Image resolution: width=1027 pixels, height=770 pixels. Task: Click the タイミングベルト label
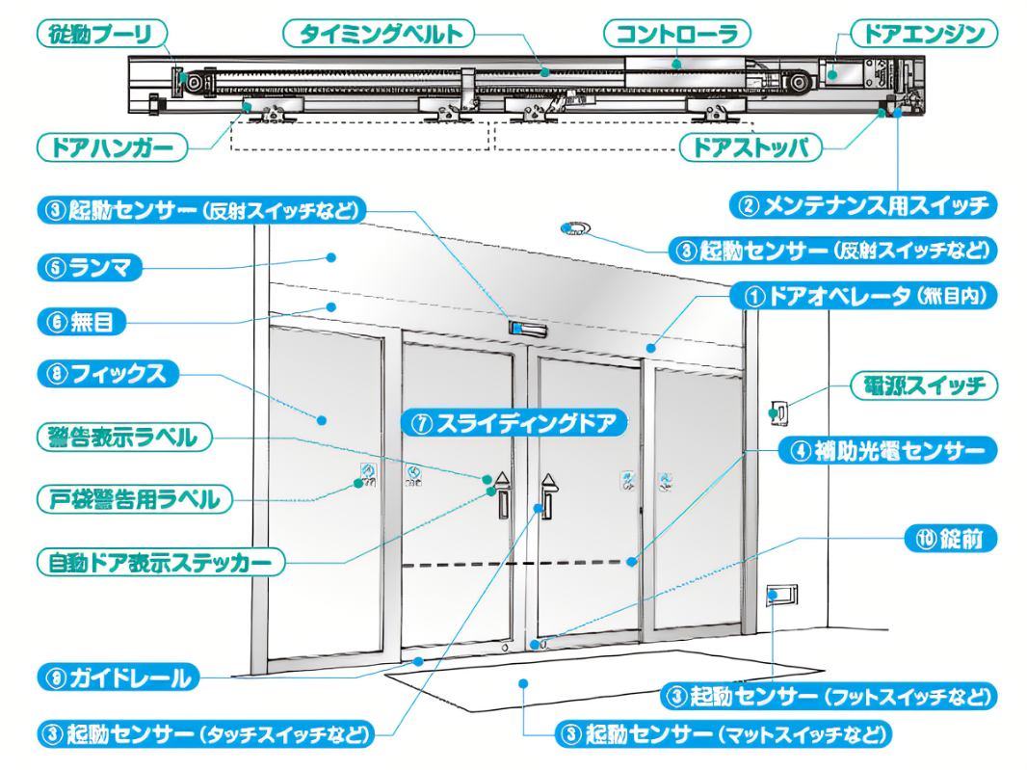coord(380,35)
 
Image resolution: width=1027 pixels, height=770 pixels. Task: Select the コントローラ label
coord(676,35)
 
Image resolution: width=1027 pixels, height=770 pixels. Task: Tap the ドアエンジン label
coord(923,35)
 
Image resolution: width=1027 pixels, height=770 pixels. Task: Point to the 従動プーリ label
coord(100,35)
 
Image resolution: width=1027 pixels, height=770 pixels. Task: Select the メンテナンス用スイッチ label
coord(863,204)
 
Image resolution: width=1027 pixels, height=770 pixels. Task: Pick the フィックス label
coord(106,374)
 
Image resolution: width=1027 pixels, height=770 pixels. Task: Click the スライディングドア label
coord(513,422)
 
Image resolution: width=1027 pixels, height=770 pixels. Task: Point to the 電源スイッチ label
coord(923,386)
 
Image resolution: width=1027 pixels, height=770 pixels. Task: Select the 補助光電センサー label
coord(886,450)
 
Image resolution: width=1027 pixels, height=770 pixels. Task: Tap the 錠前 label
coord(949,539)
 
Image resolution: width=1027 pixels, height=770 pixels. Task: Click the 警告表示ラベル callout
coord(122,438)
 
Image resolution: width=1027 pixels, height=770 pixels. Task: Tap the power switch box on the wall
coord(778,412)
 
